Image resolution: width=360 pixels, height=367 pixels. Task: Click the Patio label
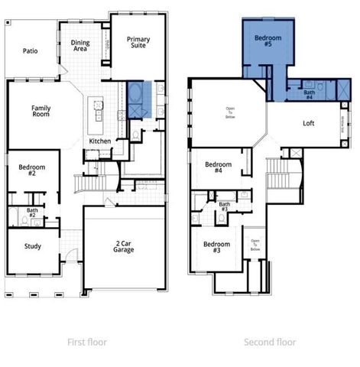[30, 51]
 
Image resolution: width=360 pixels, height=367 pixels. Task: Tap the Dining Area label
[81, 46]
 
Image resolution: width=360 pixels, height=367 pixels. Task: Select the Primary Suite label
[138, 42]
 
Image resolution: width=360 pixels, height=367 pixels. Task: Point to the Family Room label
[41, 112]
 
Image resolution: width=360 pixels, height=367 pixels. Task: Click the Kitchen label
[100, 141]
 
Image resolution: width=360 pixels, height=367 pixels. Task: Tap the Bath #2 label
[32, 213]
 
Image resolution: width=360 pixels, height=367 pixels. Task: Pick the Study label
[32, 246]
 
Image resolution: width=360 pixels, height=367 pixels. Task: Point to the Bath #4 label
[309, 95]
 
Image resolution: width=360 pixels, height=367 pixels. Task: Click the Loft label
[309, 123]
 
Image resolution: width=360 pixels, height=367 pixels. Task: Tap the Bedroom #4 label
[219, 167]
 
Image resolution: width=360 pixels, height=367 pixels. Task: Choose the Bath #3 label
[225, 206]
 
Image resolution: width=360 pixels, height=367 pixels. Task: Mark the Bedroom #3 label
[212, 247]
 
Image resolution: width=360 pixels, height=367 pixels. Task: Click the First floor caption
[88, 343]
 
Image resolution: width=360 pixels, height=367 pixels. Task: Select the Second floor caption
[270, 343]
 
